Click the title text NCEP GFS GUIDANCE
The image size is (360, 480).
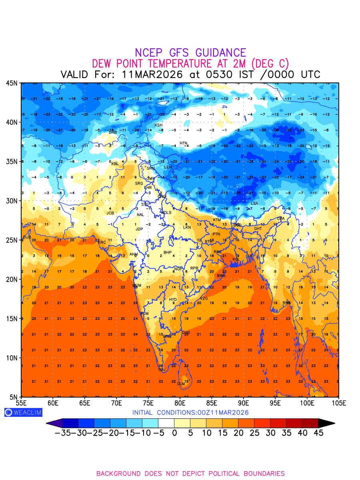[190, 53]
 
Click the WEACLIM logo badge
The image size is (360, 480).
[23, 412]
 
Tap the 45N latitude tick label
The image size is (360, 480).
[11, 83]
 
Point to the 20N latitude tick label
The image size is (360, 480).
[11, 279]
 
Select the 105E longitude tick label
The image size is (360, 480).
[338, 403]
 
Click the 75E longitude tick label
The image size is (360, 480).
[148, 403]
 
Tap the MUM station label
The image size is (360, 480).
[137, 286]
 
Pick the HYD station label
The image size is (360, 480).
[173, 300]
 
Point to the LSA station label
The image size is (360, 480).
[254, 204]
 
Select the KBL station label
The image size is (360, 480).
[115, 164]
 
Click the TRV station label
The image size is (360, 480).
[161, 370]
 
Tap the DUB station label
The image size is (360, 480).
[27, 237]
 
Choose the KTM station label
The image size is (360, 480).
[217, 220]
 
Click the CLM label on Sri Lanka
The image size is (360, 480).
[181, 384]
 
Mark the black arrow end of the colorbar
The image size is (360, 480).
[326, 423]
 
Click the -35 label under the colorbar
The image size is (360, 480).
[63, 433]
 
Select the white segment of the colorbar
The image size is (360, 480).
[166, 423]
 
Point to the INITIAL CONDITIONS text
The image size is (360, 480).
[190, 412]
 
